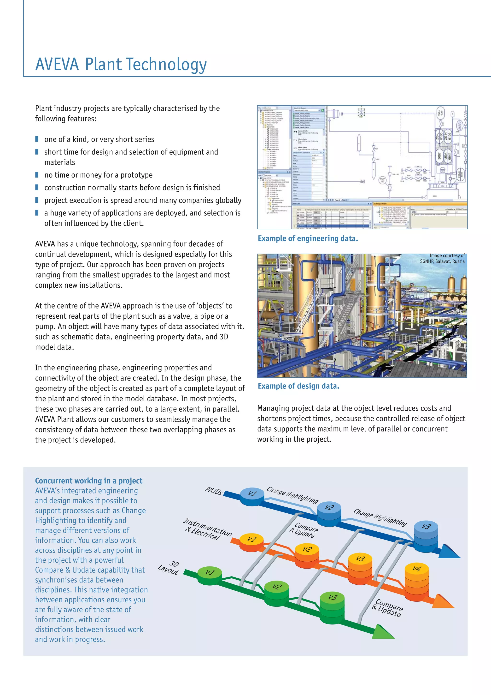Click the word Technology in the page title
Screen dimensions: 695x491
[x=166, y=65]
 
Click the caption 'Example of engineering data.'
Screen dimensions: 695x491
[x=308, y=238]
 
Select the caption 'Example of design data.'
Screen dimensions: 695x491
[x=298, y=386]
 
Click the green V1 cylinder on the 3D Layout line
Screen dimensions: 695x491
[x=209, y=575]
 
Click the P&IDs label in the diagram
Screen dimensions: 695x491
[x=214, y=491]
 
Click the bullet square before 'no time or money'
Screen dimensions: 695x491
[x=37, y=175]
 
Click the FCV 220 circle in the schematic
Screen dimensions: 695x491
[x=382, y=180]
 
